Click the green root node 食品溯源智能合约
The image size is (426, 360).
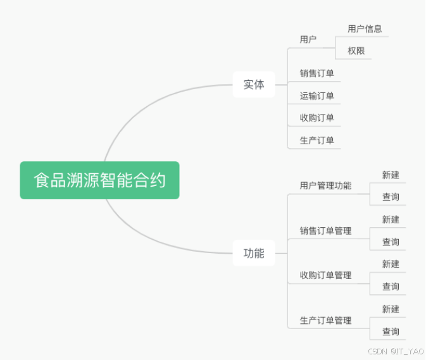pyautogui.click(x=99, y=180)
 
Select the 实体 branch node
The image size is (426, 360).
pyautogui.click(x=254, y=84)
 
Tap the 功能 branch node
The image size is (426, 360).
pyautogui.click(x=254, y=253)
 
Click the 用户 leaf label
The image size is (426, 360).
pyautogui.click(x=308, y=39)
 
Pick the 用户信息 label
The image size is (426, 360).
pyautogui.click(x=365, y=28)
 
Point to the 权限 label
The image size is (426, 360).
pyautogui.click(x=356, y=51)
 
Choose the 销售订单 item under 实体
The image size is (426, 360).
pyautogui.click(x=316, y=73)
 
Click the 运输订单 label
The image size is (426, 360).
pyautogui.click(x=316, y=96)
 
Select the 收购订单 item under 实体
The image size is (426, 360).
pyautogui.click(x=316, y=118)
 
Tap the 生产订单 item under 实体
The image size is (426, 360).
pyautogui.click(x=316, y=140)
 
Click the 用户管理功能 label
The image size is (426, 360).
pyautogui.click(x=325, y=185)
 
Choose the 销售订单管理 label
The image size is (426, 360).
pyautogui.click(x=325, y=230)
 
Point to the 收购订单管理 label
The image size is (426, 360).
pyautogui.click(x=325, y=275)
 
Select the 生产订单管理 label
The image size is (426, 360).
pyautogui.click(x=325, y=320)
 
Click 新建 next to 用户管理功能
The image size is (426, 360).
pyautogui.click(x=391, y=175)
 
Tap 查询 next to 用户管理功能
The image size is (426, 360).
pyautogui.click(x=391, y=197)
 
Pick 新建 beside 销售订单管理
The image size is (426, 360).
pyautogui.click(x=391, y=220)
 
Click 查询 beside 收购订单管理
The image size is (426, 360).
pyautogui.click(x=391, y=287)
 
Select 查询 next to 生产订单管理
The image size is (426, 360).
pyautogui.click(x=391, y=332)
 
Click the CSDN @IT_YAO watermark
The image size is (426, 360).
pyautogui.click(x=396, y=351)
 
